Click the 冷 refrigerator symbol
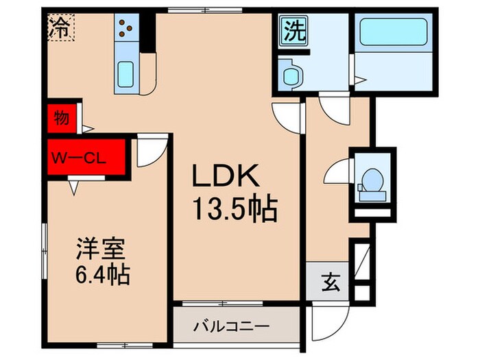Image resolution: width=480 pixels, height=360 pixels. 60,28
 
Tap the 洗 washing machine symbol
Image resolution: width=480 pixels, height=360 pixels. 292,32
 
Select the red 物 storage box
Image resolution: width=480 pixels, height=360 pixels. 61,118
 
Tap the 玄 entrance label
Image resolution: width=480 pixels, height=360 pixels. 329,281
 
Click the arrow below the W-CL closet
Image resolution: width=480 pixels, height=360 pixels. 73,185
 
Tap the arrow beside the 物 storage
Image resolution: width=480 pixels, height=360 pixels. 87,128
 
